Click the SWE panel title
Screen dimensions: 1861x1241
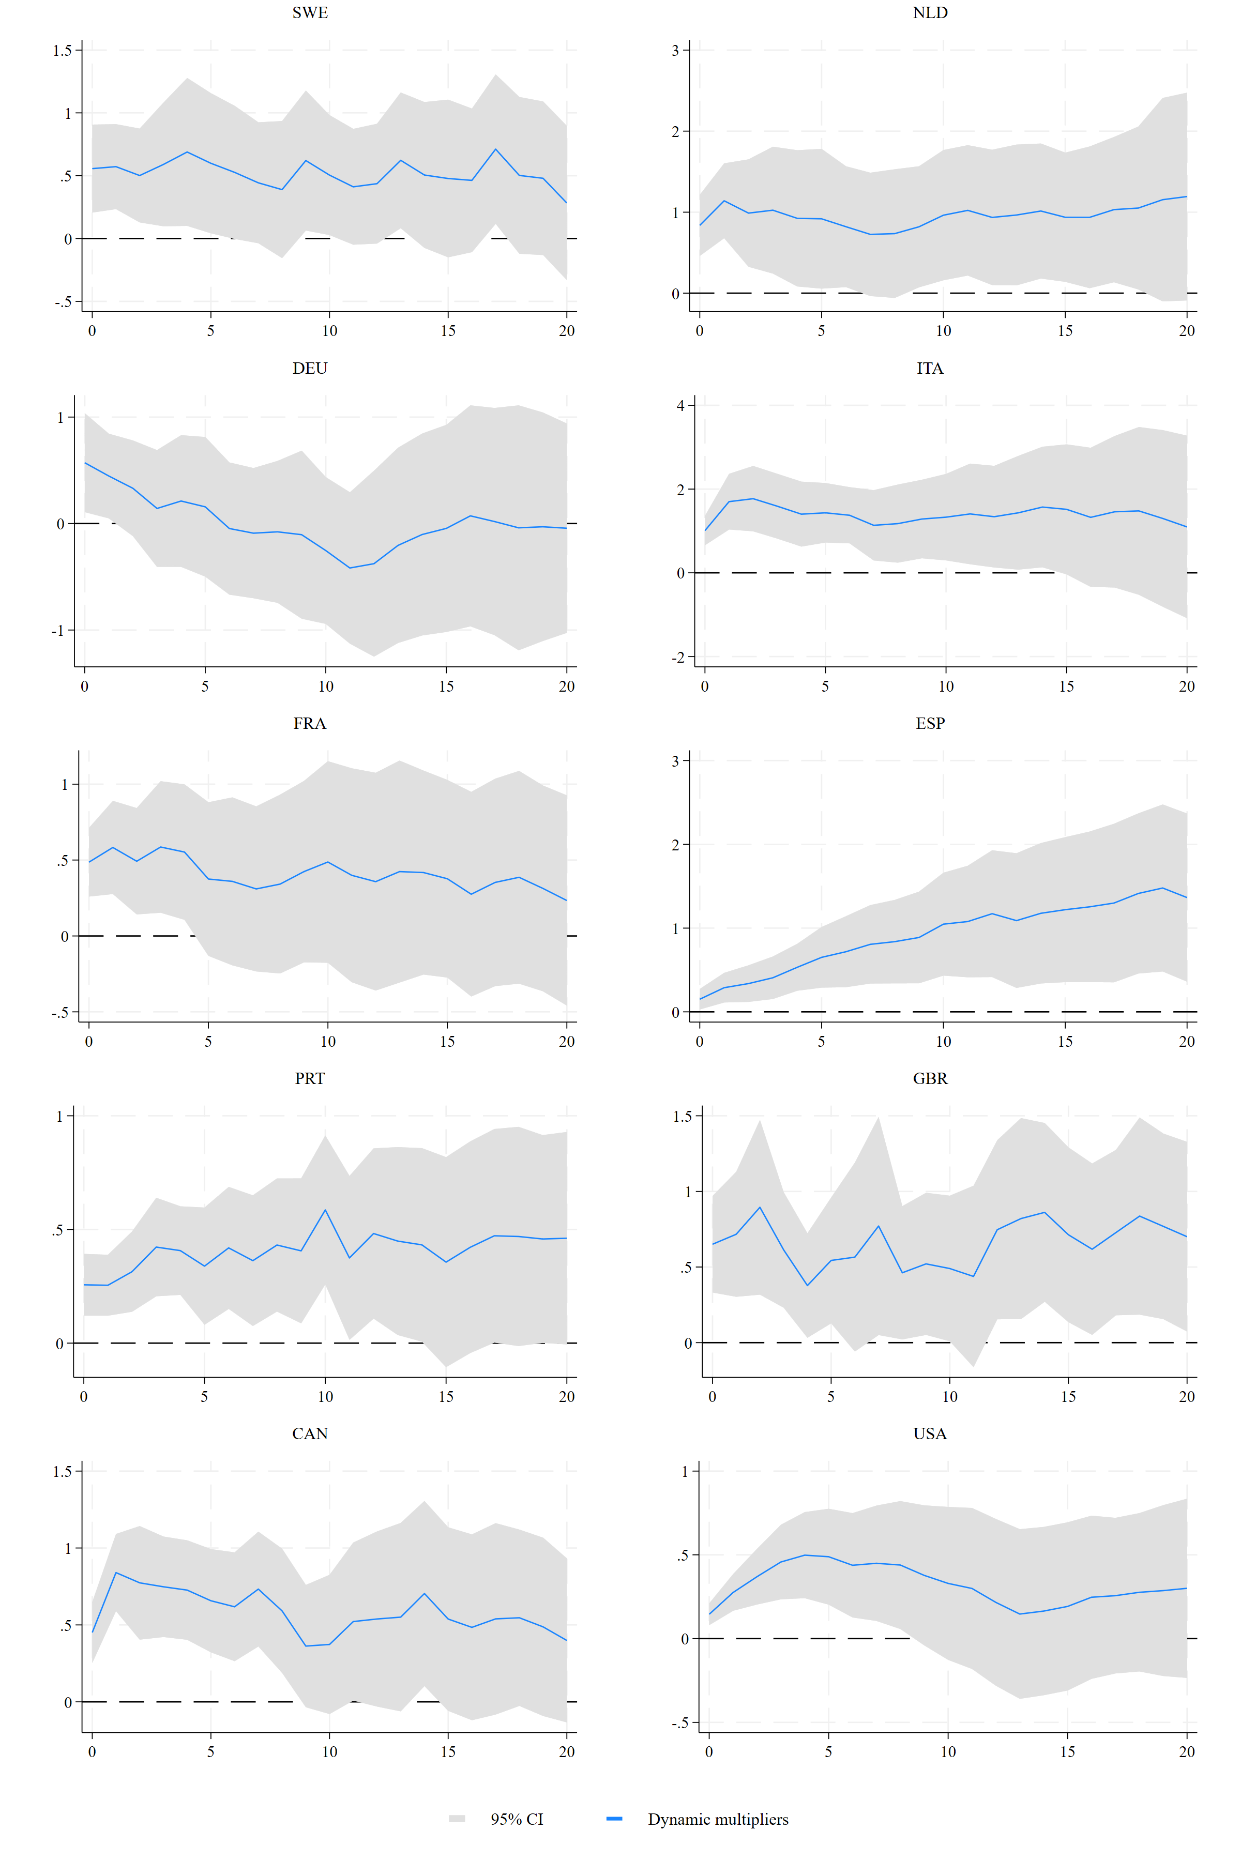tap(309, 12)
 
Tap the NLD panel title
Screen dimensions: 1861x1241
tap(930, 12)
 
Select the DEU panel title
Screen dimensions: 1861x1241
tap(309, 368)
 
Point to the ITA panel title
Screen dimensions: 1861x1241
tap(930, 368)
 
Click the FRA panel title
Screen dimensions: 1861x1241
tap(309, 723)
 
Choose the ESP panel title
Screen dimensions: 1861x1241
tap(930, 723)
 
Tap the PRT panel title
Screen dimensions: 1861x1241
tap(309, 1078)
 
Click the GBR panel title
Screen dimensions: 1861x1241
tap(930, 1078)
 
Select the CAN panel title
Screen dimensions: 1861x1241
tap(309, 1433)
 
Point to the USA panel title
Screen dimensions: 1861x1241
tap(930, 1433)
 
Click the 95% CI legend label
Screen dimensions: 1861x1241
tap(517, 1819)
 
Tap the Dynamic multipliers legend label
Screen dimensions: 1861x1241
tap(718, 1819)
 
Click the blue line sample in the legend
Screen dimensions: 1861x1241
tap(614, 1819)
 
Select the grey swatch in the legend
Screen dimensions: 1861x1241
tap(457, 1819)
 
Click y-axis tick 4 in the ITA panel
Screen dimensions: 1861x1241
tap(680, 406)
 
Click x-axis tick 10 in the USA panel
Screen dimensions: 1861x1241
tap(948, 1752)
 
